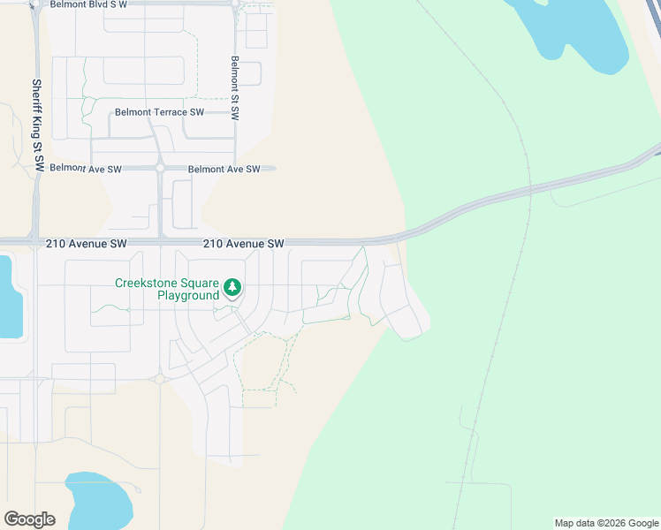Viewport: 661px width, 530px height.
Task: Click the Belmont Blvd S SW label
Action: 88,4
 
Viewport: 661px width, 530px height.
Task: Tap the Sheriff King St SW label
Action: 37,125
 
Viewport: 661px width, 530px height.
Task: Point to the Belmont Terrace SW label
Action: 159,112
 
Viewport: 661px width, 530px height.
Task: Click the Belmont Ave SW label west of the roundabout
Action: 86,168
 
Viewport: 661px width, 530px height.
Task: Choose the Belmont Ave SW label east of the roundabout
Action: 224,169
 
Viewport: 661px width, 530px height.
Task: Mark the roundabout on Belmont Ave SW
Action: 160,168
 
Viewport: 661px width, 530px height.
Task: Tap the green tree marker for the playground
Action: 232,286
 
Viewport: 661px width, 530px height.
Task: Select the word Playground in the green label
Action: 187,295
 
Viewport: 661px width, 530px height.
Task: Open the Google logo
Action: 29,519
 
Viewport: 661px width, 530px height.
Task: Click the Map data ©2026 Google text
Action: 606,523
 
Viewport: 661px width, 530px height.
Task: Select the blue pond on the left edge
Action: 9,296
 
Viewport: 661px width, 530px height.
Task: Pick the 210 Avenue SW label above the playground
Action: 243,243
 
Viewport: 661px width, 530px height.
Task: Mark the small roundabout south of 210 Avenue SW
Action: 160,379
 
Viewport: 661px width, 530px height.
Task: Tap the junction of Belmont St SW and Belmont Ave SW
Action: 236,168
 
